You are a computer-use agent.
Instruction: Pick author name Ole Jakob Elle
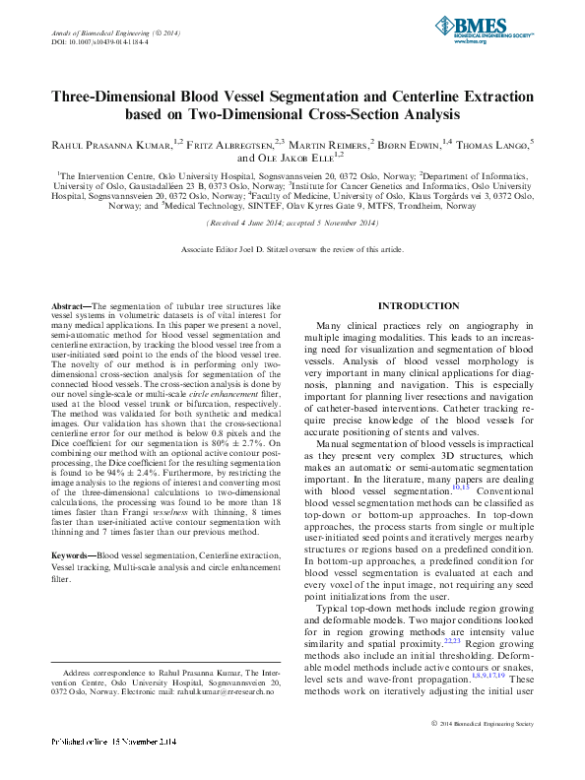296,157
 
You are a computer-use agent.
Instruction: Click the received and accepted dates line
292,224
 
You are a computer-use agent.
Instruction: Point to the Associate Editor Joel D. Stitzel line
292,250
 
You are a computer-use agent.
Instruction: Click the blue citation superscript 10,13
460,486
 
